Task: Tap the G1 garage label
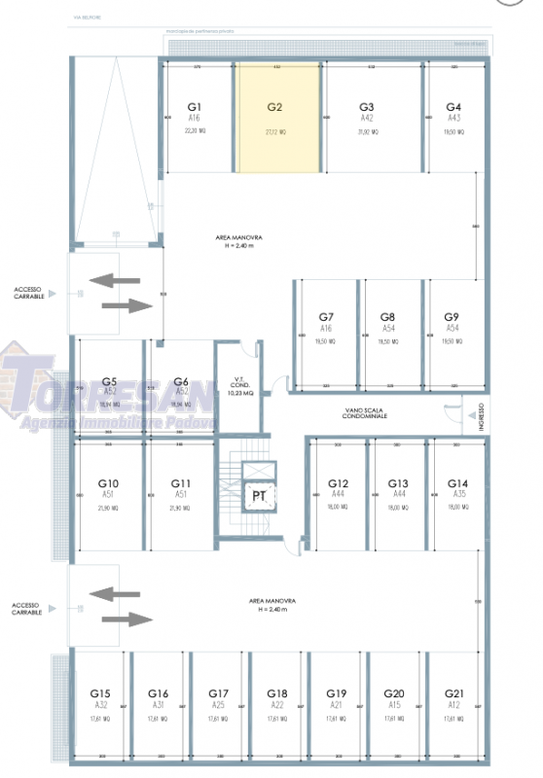tap(194, 106)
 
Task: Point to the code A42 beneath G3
tap(367, 118)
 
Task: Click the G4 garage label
tap(452, 106)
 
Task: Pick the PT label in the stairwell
tap(260, 496)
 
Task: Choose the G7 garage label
tap(327, 317)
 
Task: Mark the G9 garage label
tap(451, 317)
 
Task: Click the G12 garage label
tap(338, 483)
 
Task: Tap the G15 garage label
tap(100, 693)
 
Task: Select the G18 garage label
tap(277, 693)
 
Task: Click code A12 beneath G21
tap(454, 705)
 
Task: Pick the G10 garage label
tap(109, 483)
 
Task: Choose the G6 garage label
tap(180, 382)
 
